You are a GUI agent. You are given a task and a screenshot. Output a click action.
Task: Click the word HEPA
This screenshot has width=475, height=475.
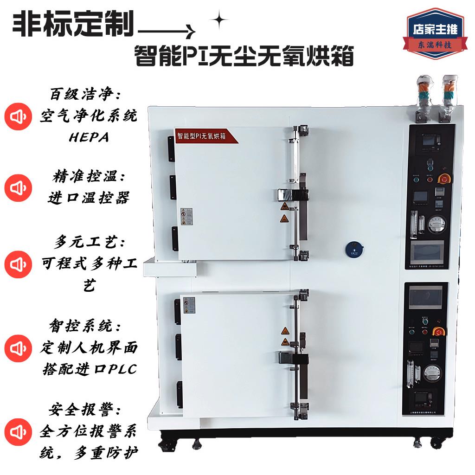coord(89,138)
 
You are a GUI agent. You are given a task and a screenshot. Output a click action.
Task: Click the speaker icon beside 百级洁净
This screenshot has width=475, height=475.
coord(18,116)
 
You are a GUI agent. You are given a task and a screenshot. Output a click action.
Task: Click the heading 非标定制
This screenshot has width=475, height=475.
coord(73,24)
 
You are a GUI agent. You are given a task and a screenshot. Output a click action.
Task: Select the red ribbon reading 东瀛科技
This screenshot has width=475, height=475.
coord(435,45)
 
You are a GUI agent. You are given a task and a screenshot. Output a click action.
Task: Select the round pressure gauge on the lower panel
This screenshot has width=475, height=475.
coord(435,372)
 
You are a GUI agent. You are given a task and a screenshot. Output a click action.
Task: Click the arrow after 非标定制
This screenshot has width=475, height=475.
coord(167,32)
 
